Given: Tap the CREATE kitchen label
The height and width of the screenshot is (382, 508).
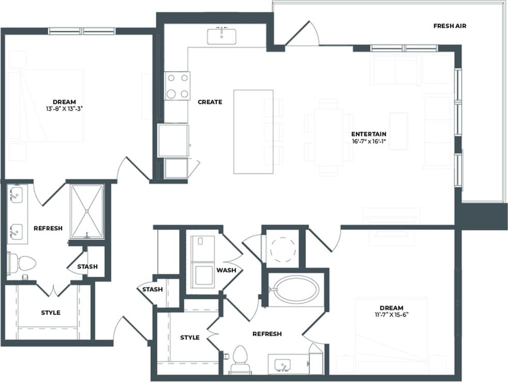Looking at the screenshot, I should point(210,102).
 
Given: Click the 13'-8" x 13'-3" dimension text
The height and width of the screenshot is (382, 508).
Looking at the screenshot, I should point(64,109).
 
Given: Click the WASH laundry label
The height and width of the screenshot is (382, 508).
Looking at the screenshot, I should point(226,270).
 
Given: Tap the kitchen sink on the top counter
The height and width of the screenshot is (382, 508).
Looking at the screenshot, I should point(222,36).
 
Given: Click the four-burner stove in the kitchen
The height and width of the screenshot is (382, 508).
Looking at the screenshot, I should point(177,85).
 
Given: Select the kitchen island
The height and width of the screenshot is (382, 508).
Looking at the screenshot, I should point(253,131).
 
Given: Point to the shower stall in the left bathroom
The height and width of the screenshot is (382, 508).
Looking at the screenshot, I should point(87,211).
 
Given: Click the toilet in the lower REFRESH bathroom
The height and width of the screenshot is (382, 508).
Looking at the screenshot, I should point(240,358).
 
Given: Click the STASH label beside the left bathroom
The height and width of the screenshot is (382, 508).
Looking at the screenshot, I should point(87,267).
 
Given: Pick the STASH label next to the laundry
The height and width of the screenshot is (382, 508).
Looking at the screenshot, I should point(153,289).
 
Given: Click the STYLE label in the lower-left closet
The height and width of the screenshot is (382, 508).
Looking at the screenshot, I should point(51,313).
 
